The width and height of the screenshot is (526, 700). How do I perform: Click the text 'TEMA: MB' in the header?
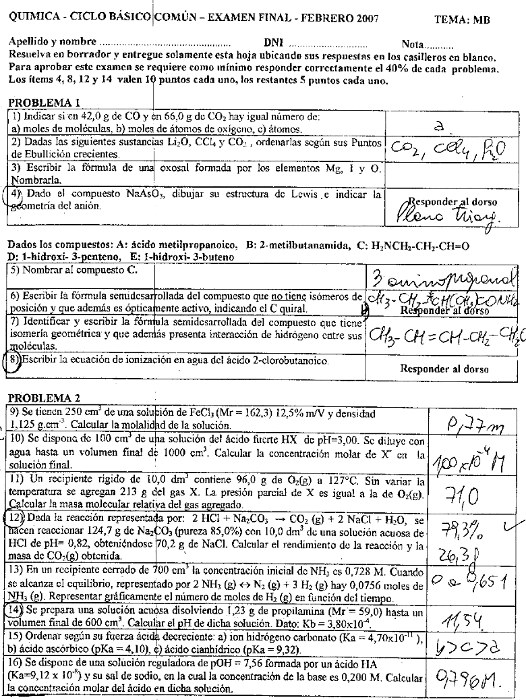pyautogui.click(x=462, y=20)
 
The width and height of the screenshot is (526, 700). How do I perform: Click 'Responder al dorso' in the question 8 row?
pyautogui.click(x=444, y=369)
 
